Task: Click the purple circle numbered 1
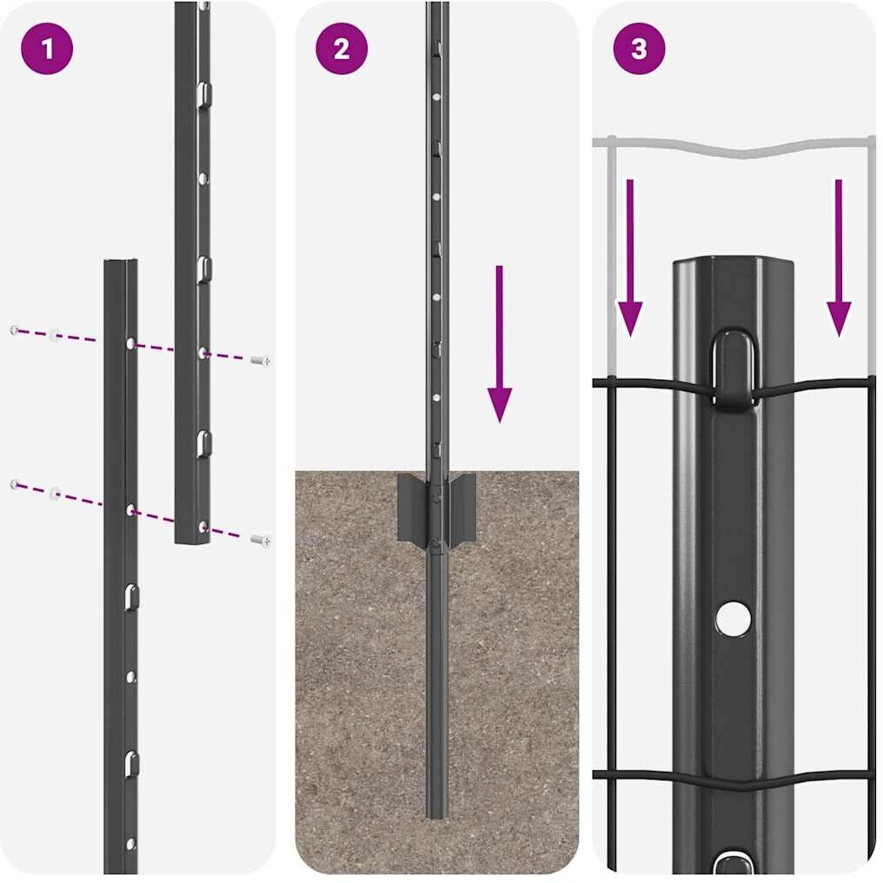point(47,49)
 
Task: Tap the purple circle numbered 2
point(342,49)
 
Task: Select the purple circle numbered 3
point(639,49)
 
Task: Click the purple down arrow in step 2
point(500,343)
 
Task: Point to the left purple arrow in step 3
point(630,258)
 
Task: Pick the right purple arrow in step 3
point(839,258)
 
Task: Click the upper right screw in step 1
point(261,360)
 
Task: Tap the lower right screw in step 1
point(261,540)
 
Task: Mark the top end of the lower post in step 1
point(121,262)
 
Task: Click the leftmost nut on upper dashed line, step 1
point(15,330)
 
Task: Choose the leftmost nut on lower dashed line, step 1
point(15,484)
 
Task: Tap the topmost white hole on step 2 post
point(436,96)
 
